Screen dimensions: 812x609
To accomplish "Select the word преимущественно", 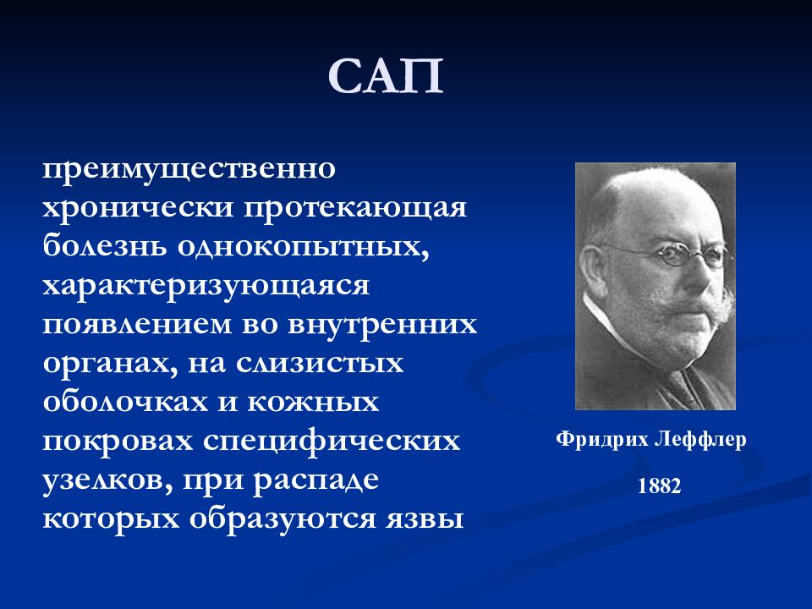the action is click(x=189, y=170).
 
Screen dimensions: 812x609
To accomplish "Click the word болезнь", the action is click(x=105, y=245).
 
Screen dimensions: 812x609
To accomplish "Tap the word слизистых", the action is click(x=320, y=363).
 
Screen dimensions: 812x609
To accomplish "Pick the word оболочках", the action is click(x=125, y=401).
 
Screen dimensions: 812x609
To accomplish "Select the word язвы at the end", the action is click(x=424, y=518).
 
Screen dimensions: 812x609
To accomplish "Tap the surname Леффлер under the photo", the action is click(x=700, y=440).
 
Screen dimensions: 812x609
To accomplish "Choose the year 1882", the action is click(x=659, y=486).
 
